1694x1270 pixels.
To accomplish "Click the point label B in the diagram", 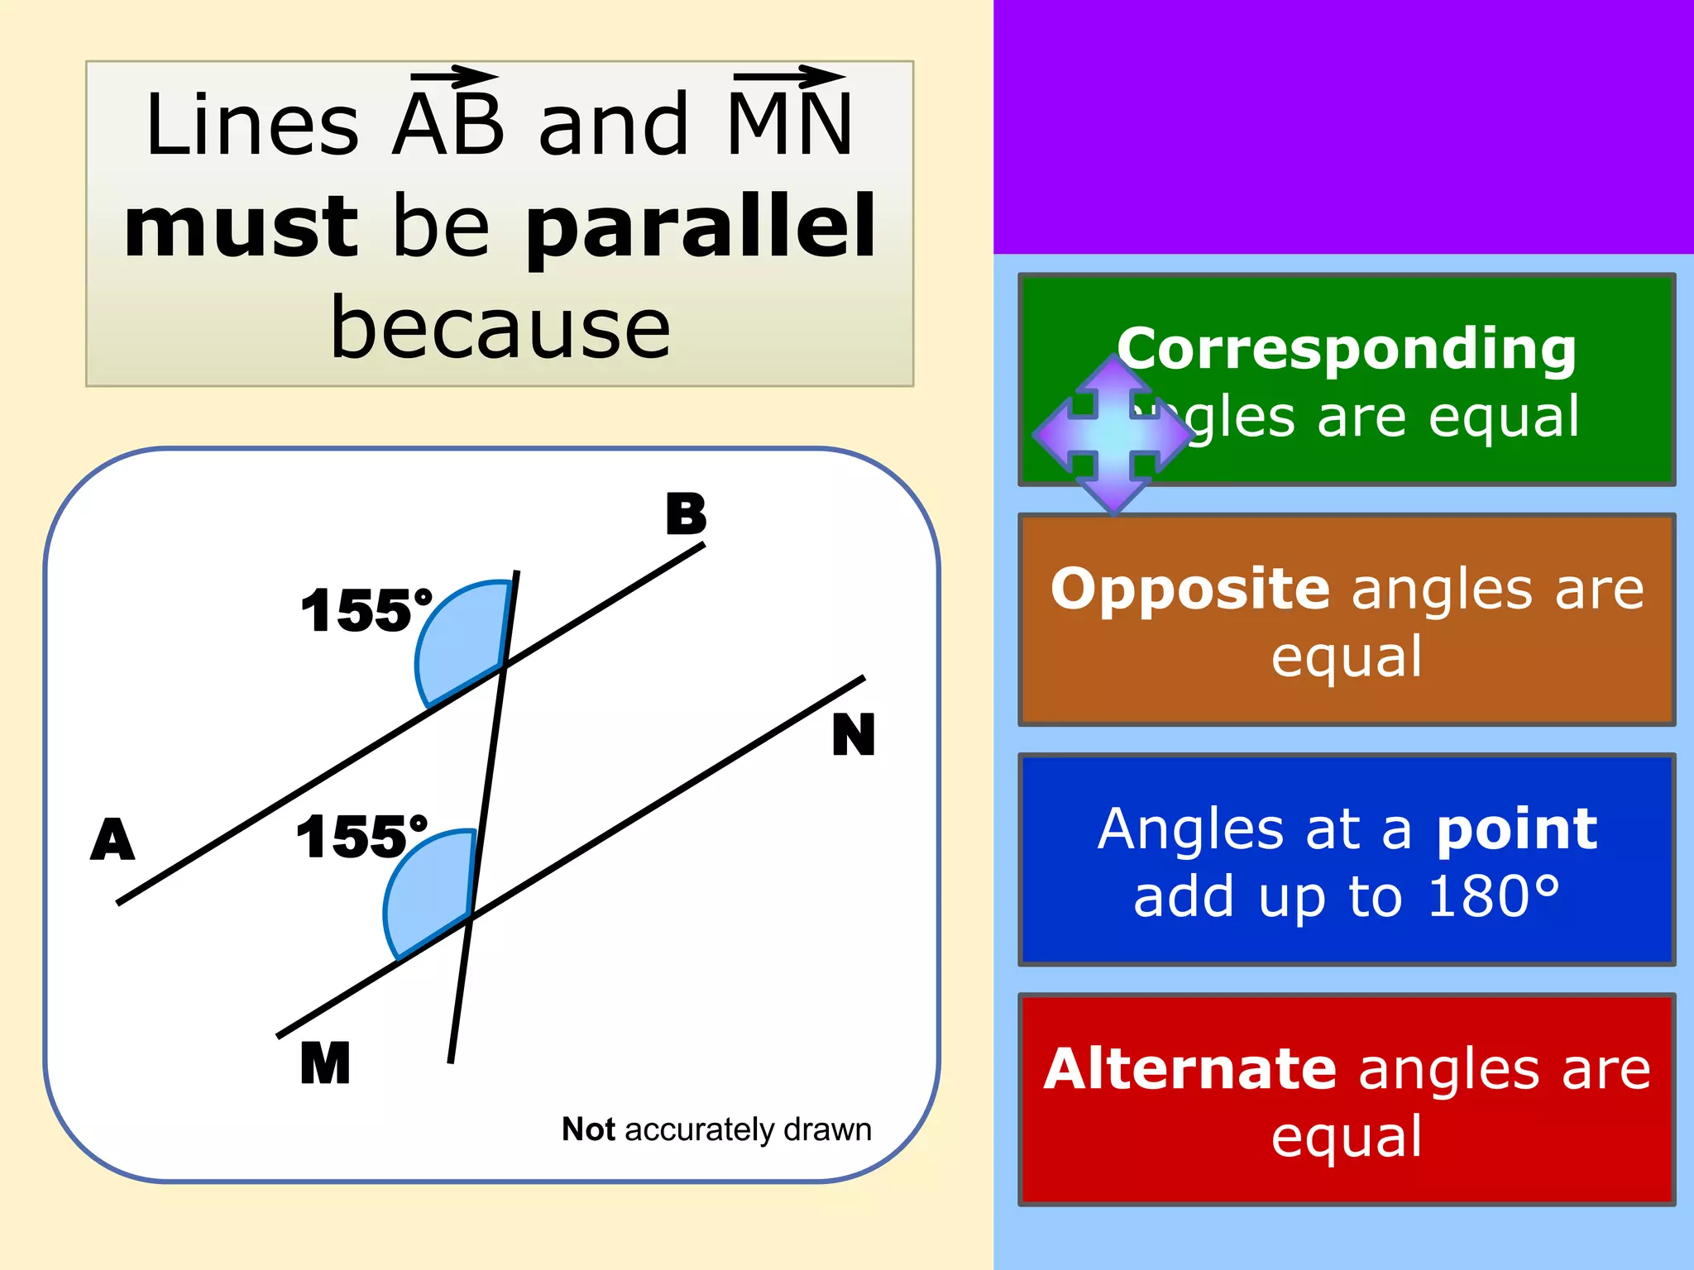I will click(x=686, y=514).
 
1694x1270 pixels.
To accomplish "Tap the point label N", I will click(x=853, y=734).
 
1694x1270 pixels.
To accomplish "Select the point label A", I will click(x=112, y=839).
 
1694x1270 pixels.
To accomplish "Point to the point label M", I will click(x=325, y=1062).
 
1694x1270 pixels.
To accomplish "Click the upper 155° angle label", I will click(x=366, y=611).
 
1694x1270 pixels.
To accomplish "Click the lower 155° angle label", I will click(x=361, y=837).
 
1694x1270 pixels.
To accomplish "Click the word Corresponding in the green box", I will click(x=1347, y=348).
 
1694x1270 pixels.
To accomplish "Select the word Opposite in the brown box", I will click(x=1190, y=589).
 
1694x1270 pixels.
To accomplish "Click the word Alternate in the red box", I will click(x=1189, y=1069).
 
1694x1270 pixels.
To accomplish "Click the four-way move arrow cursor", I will click(x=1113, y=433).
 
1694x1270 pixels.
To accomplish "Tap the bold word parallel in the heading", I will click(x=701, y=226).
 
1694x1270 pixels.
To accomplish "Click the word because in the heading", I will click(x=500, y=329).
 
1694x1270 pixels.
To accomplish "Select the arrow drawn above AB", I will click(x=455, y=78).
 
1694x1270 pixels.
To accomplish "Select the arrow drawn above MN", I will click(x=789, y=77).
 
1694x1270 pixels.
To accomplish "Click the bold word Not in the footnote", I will click(x=588, y=1129).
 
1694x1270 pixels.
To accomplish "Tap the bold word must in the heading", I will click(x=241, y=226).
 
